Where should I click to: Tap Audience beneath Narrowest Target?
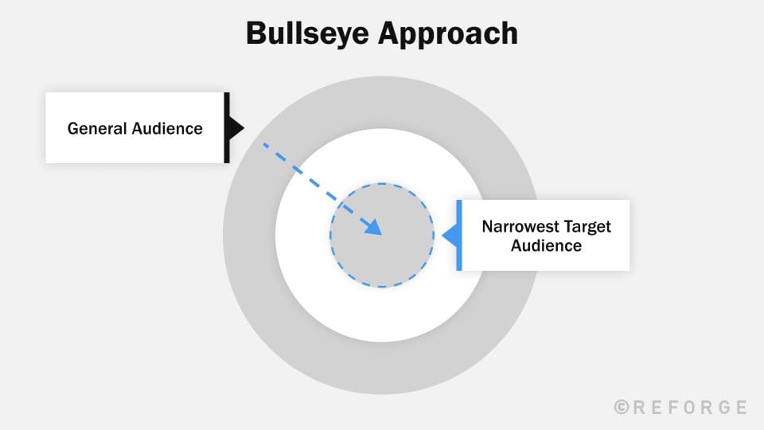pyautogui.click(x=546, y=246)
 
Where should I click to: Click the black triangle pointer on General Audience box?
pyautogui.click(x=236, y=128)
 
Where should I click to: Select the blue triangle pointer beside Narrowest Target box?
pyautogui.click(x=448, y=236)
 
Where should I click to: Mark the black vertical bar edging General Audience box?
pyautogui.click(x=227, y=128)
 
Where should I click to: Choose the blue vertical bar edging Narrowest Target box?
pyautogui.click(x=459, y=236)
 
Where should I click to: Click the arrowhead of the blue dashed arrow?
pyautogui.click(x=374, y=229)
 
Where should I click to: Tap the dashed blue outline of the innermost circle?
pyautogui.click(x=382, y=184)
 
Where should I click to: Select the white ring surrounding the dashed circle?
pyautogui.click(x=382, y=315)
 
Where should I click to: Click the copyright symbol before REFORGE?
pyautogui.click(x=622, y=407)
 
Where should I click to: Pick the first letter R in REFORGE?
pyautogui.click(x=640, y=407)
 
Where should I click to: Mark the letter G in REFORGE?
pyautogui.click(x=724, y=407)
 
